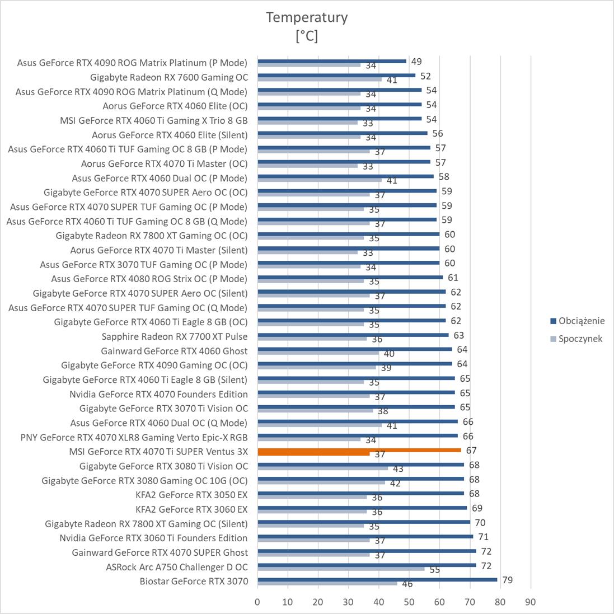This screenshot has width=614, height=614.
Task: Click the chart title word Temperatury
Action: [307, 17]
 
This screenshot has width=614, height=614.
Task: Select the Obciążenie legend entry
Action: [581, 321]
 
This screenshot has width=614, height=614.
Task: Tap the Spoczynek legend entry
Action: [580, 339]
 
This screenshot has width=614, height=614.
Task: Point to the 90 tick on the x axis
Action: [530, 602]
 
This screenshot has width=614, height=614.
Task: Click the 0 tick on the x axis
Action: [257, 602]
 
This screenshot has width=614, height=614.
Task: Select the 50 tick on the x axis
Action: [409, 602]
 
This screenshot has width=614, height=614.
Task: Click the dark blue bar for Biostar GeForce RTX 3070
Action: [377, 579]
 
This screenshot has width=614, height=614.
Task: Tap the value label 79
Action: [507, 580]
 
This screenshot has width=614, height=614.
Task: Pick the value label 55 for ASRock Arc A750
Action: [434, 570]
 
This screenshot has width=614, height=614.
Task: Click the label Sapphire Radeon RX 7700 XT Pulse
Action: [175, 336]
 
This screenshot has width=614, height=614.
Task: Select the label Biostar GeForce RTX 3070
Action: [194, 581]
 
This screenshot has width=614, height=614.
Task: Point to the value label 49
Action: [416, 62]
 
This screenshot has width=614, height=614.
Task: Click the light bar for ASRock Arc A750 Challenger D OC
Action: [341, 569]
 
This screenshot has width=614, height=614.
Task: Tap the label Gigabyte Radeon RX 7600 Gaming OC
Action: [169, 77]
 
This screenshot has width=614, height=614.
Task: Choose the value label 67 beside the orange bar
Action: [471, 451]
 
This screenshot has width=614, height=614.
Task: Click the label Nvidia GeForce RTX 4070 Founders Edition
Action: [158, 394]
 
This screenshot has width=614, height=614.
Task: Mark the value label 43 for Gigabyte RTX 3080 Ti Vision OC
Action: [398, 468]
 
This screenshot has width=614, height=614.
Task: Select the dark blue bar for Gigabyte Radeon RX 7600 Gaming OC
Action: [336, 75]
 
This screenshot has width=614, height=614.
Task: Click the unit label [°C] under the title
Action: [307, 36]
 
